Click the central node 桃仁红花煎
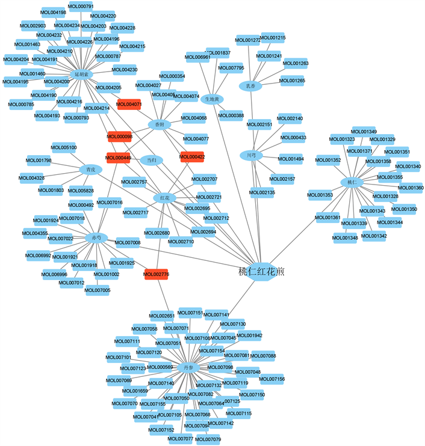261,272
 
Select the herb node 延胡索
81,75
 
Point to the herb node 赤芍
96,237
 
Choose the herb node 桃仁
352,182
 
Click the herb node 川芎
252,155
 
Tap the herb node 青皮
90,170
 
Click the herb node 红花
165,197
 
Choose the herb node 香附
160,124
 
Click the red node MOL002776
157,274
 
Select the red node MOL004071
129,105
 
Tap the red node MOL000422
192,157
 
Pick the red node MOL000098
119,136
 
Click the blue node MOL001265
292,81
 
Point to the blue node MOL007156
272,379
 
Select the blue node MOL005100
64,147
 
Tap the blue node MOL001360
411,188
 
